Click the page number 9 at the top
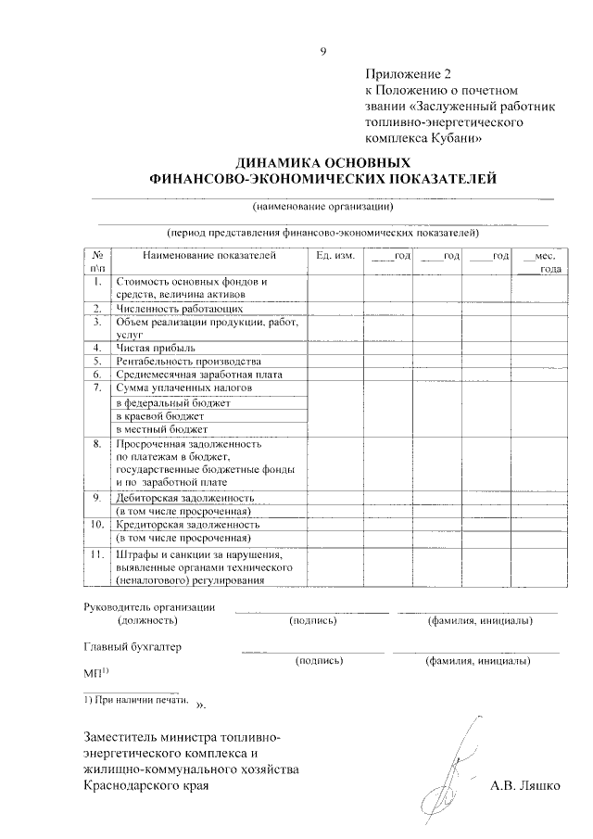[x=322, y=52]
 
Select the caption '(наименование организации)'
[x=323, y=206]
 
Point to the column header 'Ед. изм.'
[x=334, y=255]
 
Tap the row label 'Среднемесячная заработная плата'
[x=198, y=375]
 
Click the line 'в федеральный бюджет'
[x=172, y=403]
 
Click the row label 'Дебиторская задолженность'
[x=184, y=498]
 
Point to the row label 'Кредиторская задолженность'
[x=187, y=525]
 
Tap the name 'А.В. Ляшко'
[x=524, y=786]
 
